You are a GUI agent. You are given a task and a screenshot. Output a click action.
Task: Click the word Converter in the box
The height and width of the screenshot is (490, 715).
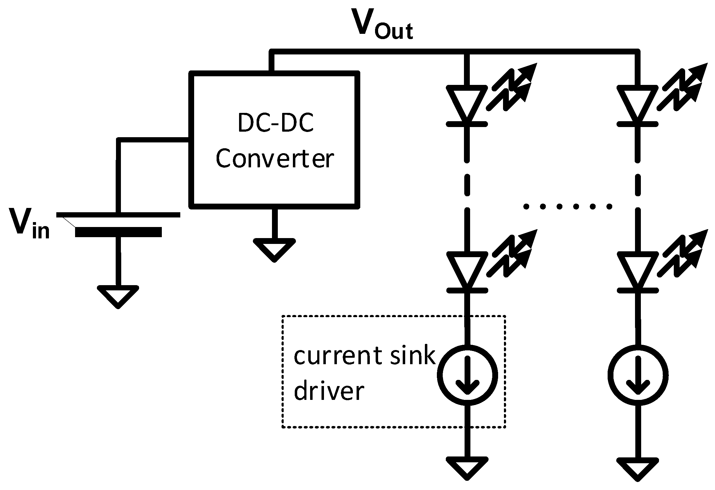(x=274, y=159)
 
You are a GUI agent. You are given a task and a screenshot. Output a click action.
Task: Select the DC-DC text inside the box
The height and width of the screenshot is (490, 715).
(x=276, y=123)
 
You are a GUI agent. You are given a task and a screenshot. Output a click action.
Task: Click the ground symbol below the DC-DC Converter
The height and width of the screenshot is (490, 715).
(x=274, y=249)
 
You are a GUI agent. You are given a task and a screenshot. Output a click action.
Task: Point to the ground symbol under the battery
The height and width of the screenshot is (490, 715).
(x=118, y=296)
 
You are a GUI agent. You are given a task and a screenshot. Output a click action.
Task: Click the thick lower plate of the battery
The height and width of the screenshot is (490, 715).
(x=118, y=232)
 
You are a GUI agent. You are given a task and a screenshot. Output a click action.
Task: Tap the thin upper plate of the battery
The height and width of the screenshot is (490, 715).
(x=118, y=215)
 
